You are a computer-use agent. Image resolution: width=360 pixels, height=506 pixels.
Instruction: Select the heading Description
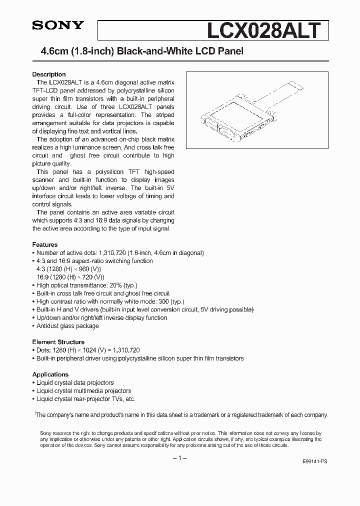49,74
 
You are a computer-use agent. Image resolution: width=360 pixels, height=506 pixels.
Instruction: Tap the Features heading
45,245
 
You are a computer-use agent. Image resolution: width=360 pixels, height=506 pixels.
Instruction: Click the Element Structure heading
58,342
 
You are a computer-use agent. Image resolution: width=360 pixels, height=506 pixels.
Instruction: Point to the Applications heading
50,374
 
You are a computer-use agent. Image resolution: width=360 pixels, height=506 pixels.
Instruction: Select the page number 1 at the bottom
180,458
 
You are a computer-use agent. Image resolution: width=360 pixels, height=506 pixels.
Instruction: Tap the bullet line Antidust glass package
67,326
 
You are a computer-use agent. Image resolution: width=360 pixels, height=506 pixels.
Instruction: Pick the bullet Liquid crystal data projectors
75,383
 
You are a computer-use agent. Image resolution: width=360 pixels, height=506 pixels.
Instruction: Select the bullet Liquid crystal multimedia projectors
83,391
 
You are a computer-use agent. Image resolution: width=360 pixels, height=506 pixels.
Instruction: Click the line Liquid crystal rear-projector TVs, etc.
85,399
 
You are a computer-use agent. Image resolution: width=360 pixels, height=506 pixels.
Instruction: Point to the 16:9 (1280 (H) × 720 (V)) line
70,277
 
